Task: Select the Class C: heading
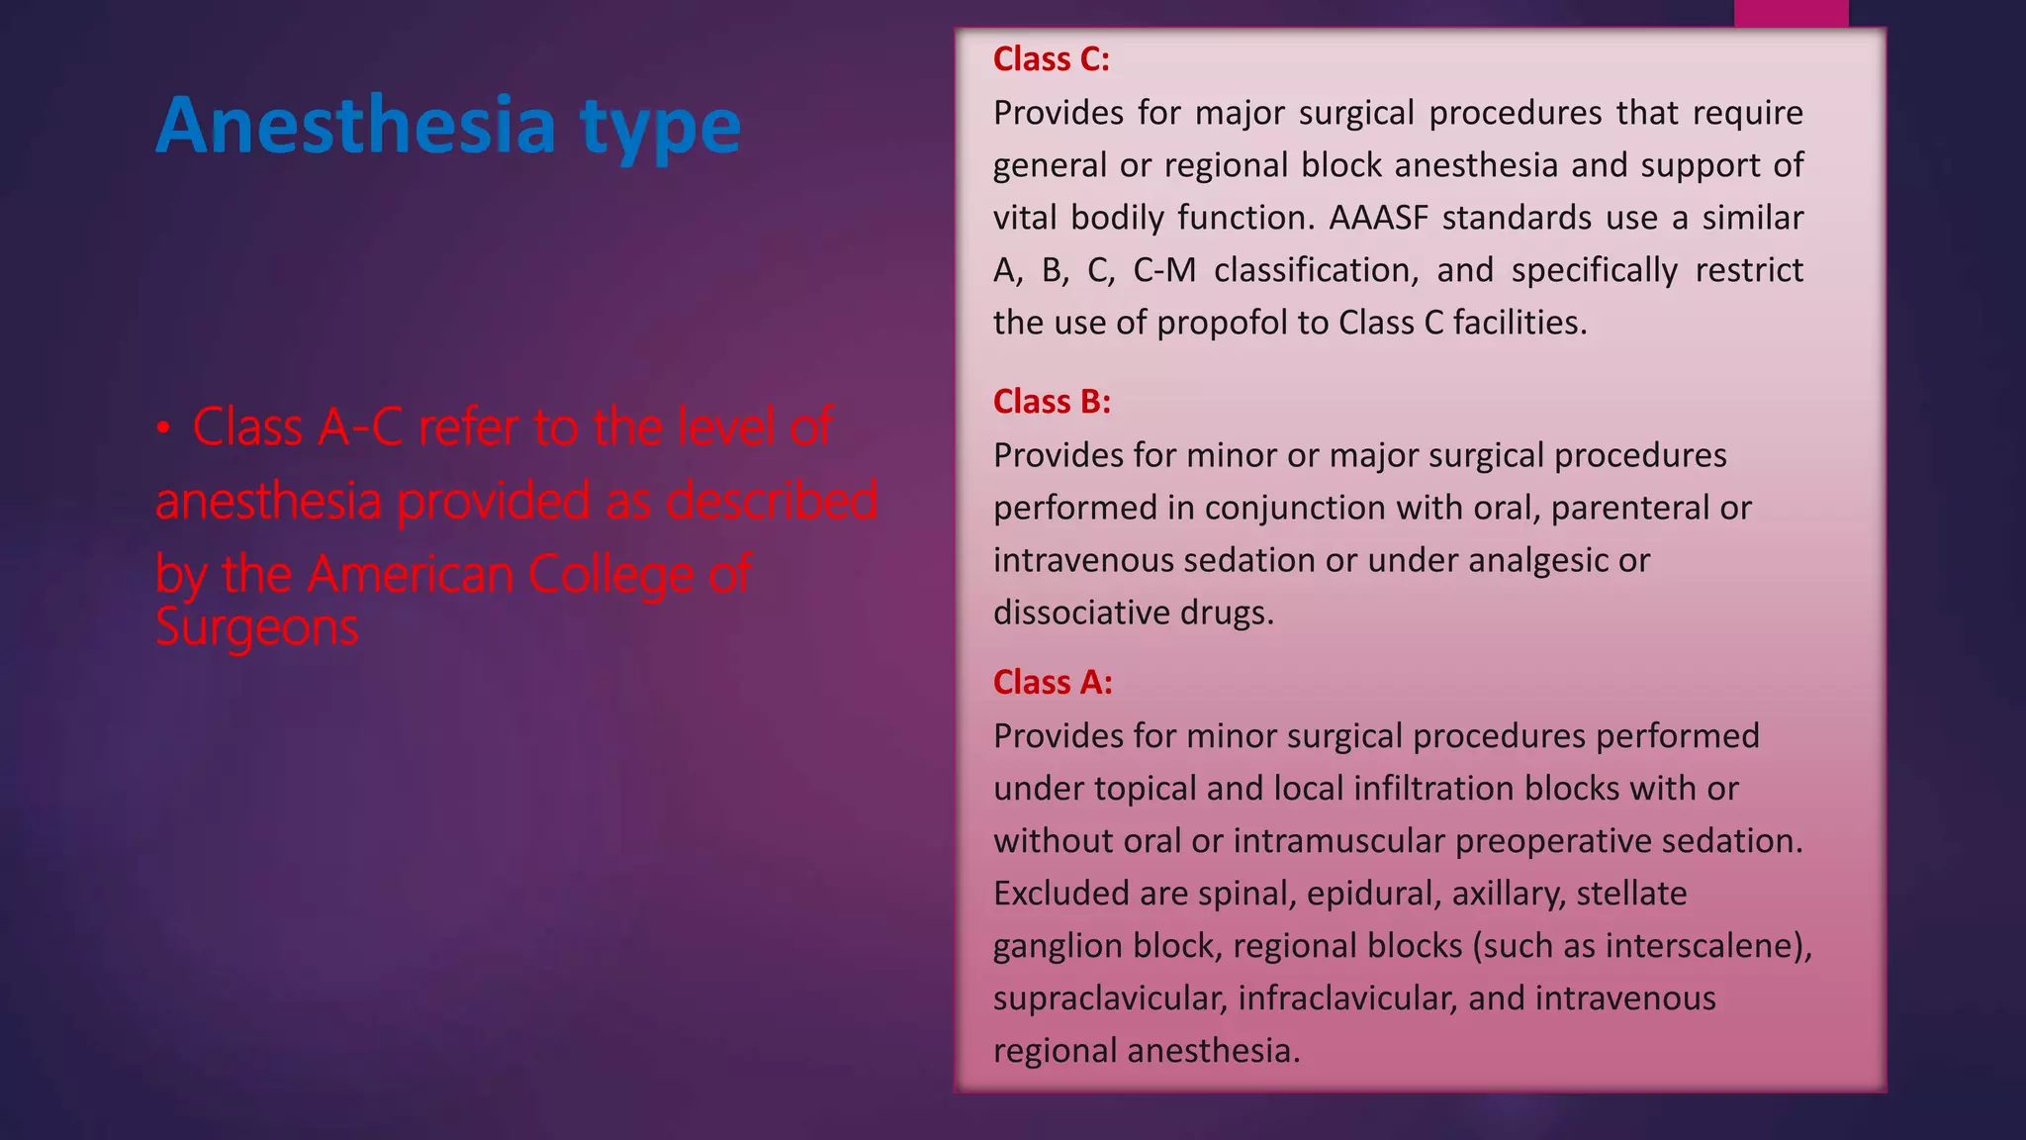tap(1051, 59)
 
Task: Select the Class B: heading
tap(1052, 402)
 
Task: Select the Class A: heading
tap(1053, 683)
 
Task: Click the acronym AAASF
tap(1378, 218)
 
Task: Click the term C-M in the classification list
tap(1164, 270)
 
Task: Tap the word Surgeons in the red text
tap(256, 628)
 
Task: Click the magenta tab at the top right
tap(1791, 13)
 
